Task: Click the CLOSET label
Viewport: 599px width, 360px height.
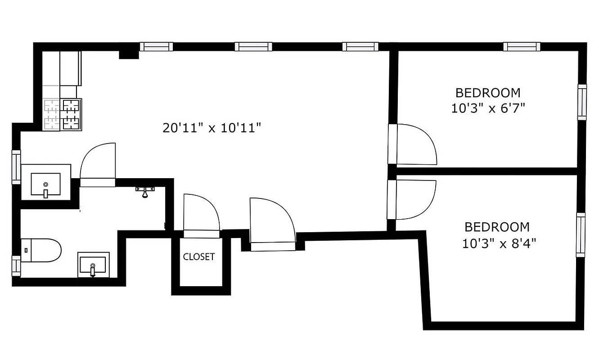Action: tap(198, 257)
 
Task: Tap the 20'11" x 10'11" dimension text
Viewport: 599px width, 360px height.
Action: tap(212, 128)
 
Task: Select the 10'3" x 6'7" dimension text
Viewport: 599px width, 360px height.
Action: tap(488, 108)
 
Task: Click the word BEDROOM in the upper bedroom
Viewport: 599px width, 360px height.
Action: tap(488, 93)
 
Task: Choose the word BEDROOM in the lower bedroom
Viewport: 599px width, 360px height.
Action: tap(497, 227)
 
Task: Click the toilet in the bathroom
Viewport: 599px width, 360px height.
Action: tap(41, 250)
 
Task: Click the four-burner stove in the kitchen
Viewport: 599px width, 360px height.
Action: tap(63, 115)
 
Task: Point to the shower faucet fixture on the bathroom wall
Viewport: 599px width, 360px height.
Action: tap(145, 192)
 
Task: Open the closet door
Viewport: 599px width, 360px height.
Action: tap(201, 214)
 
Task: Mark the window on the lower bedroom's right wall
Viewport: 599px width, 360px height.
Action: tap(581, 235)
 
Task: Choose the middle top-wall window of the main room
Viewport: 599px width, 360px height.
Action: tap(253, 47)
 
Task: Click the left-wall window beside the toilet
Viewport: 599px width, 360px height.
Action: tap(16, 265)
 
